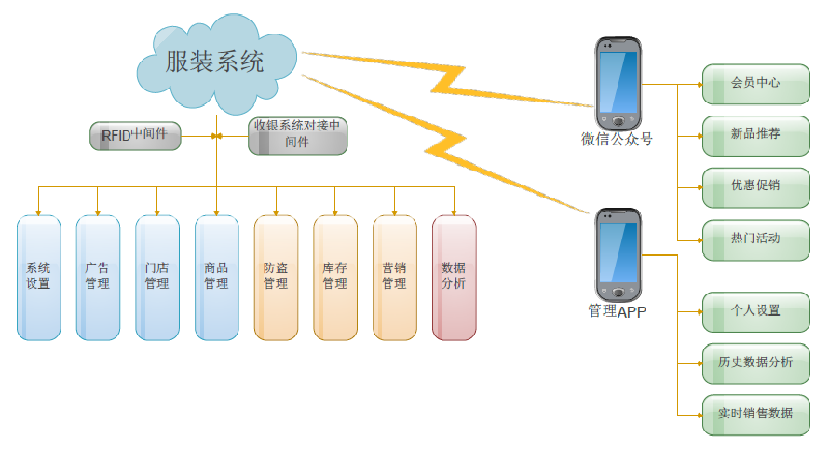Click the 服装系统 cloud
point(215,62)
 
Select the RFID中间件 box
point(135,135)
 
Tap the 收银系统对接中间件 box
point(297,135)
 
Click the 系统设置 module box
point(38,277)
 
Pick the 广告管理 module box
point(98,277)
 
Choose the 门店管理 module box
point(156,277)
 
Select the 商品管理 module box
point(216,277)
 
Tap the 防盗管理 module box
point(276,277)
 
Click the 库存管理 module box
point(335,277)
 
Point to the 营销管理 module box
point(394,277)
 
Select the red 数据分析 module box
point(454,277)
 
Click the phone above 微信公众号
point(618,83)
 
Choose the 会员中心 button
point(755,83)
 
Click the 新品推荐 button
point(755,134)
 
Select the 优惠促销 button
point(755,186)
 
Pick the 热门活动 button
point(755,239)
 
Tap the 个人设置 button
point(755,311)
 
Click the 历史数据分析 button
point(755,362)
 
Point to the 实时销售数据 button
point(755,414)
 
